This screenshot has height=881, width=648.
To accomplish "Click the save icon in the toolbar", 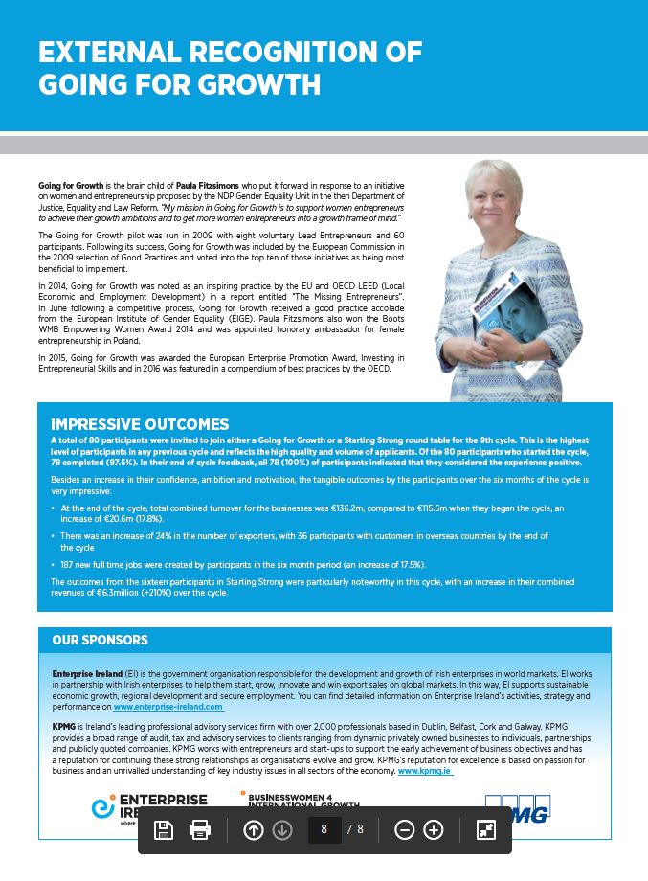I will tap(164, 829).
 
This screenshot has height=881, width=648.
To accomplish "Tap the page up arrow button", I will tap(254, 829).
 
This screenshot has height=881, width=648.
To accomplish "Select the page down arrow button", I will tap(281, 829).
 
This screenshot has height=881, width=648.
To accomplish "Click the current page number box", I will tap(324, 829).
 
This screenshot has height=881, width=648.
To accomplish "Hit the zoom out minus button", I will tap(404, 829).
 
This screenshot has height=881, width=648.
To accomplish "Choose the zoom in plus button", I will tap(434, 829).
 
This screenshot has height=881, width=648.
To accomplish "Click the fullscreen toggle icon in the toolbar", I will tap(486, 829).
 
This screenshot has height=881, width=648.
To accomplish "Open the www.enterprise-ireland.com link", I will tap(168, 707).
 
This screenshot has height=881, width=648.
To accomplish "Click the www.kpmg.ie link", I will tap(424, 770).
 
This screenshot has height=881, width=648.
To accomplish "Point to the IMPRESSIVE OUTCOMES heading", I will tap(140, 424).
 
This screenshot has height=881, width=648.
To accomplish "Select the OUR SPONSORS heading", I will tap(101, 640).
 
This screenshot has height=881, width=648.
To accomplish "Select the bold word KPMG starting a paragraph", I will tap(64, 727).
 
